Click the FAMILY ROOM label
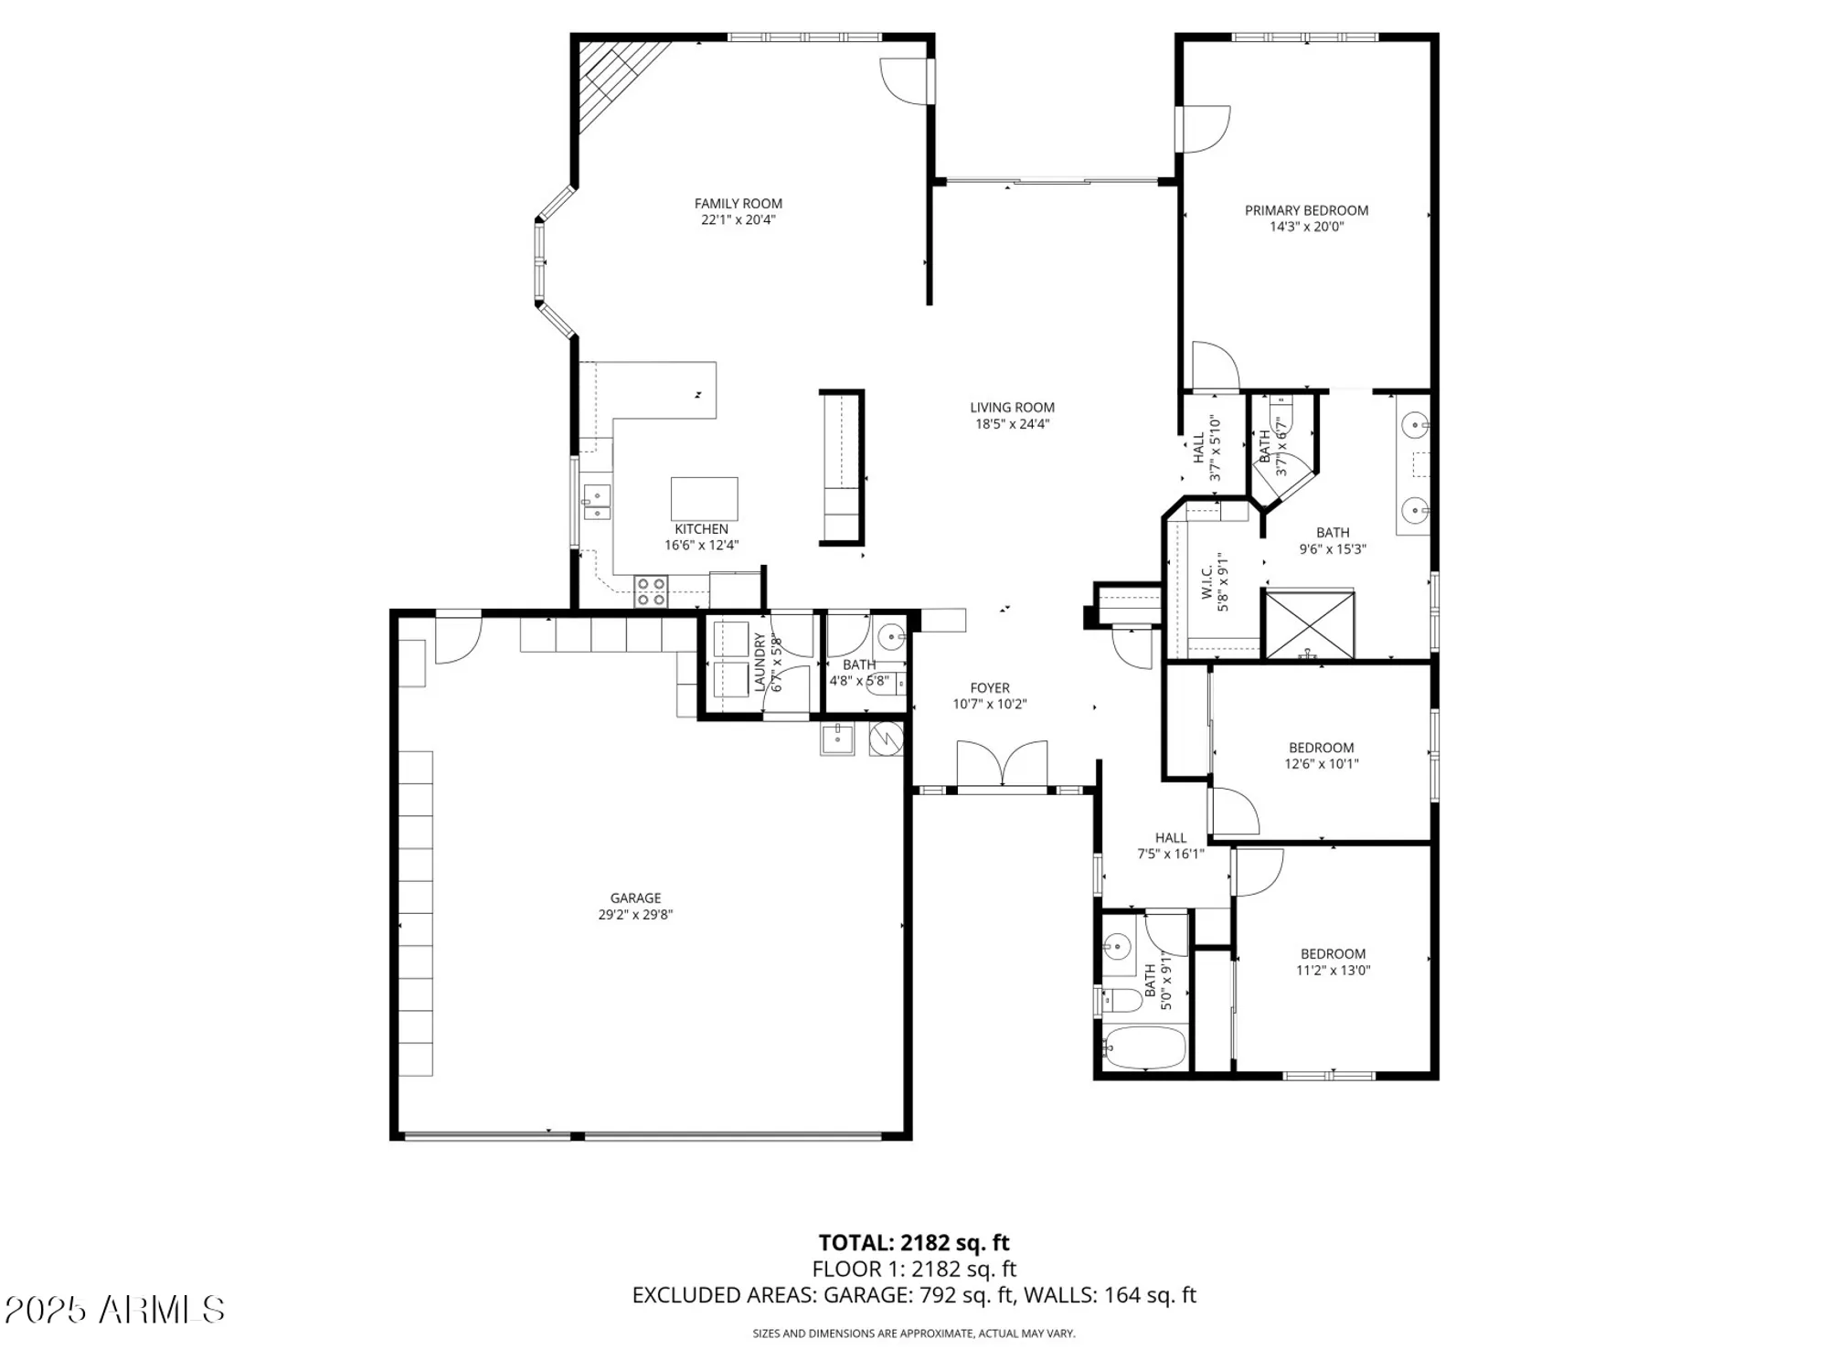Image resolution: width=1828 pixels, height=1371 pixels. click(738, 204)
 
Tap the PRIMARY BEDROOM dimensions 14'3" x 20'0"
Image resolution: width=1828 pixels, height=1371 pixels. click(1306, 227)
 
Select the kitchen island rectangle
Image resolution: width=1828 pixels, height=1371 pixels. click(704, 498)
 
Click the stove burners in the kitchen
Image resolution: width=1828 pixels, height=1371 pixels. click(651, 591)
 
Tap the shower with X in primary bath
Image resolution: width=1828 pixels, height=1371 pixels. click(1308, 624)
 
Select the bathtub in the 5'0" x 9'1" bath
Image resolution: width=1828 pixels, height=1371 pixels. click(1143, 1048)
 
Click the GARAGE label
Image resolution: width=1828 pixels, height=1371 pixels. click(635, 898)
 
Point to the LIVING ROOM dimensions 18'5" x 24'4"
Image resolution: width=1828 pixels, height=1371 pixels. click(1012, 424)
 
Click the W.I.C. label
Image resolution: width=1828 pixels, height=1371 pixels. click(1206, 581)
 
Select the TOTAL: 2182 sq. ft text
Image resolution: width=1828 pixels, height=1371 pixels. click(913, 1242)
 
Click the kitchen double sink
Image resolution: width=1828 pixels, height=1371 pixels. click(597, 502)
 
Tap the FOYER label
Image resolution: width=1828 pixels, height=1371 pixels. click(990, 687)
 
